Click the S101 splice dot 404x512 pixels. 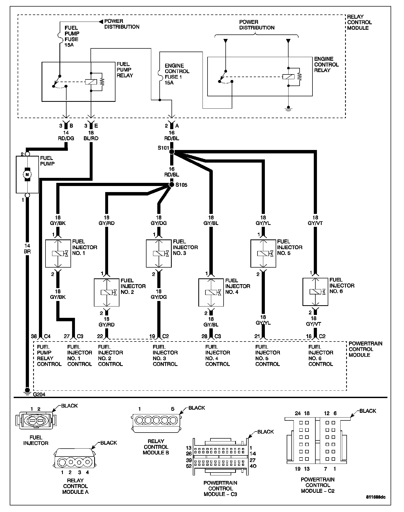171,152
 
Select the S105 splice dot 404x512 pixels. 171,185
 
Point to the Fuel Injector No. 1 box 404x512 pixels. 58,253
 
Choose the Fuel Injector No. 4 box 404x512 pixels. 211,292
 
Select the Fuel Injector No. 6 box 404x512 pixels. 315,292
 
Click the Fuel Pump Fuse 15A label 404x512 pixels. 72,36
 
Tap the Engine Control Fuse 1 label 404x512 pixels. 177,74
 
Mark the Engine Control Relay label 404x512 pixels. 326,64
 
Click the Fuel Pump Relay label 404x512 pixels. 125,69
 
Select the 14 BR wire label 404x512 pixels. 27,248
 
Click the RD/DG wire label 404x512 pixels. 66,138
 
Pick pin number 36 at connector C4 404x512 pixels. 34,336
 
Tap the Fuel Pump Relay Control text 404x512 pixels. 49,355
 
